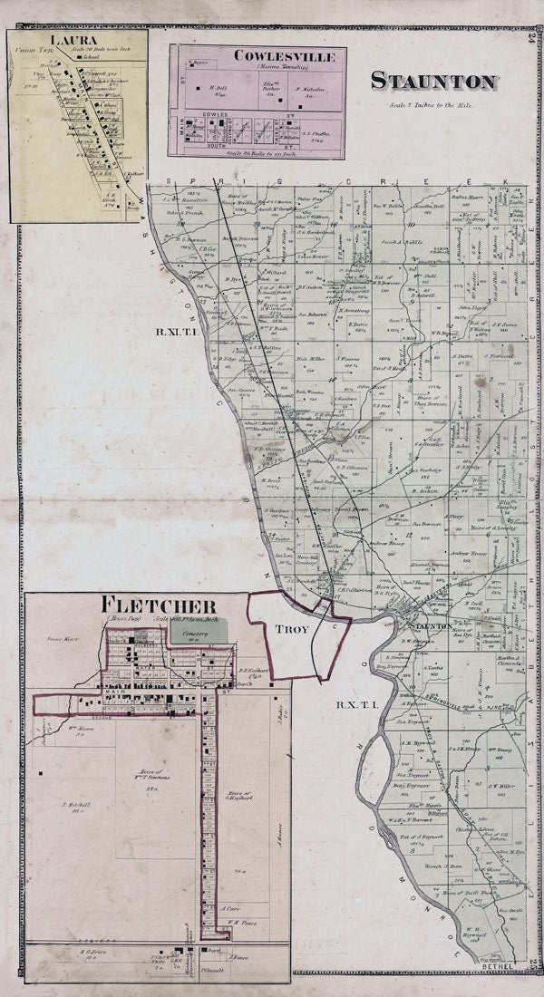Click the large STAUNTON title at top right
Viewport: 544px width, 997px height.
[433, 82]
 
